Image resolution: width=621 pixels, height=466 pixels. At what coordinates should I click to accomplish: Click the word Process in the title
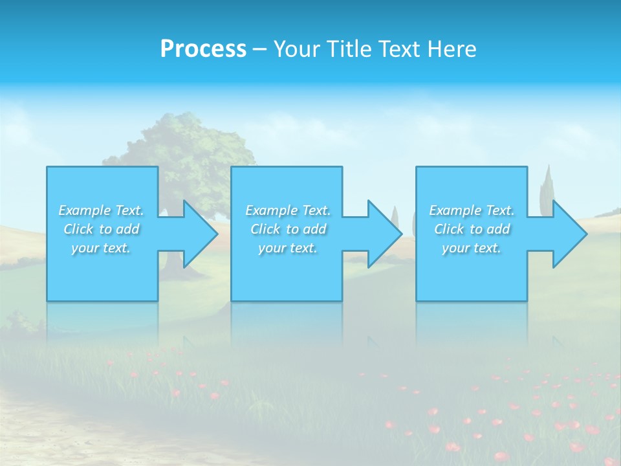tap(203, 49)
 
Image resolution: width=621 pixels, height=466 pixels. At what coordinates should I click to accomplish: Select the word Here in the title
tap(450, 49)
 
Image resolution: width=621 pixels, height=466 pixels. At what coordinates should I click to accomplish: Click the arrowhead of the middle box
tap(384, 234)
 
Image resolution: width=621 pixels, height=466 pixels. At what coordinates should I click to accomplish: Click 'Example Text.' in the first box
tap(101, 210)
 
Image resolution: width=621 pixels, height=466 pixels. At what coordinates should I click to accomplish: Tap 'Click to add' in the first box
tap(101, 229)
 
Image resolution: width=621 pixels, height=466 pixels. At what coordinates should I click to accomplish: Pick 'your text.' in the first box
tap(101, 248)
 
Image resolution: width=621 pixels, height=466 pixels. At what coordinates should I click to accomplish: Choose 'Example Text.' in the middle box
tap(288, 210)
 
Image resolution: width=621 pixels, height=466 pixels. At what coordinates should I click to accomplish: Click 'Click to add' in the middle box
tap(288, 229)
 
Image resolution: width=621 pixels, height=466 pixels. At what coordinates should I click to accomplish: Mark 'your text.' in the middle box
tap(288, 248)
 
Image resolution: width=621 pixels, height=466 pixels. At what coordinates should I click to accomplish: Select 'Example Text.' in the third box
tap(472, 210)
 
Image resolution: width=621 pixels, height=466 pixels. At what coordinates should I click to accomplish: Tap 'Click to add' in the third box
tap(472, 229)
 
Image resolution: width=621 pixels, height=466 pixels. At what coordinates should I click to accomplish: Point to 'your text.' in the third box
tap(472, 248)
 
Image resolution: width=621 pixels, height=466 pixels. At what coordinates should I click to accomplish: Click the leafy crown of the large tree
tap(194, 146)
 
